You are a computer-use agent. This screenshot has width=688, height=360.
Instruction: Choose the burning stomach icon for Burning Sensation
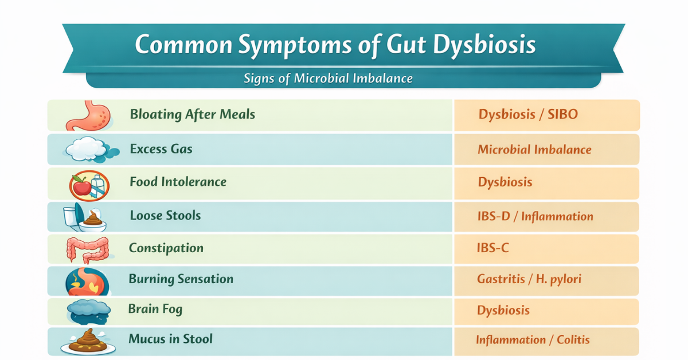tap(85, 280)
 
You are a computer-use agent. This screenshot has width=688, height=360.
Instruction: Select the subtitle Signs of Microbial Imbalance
tap(329, 78)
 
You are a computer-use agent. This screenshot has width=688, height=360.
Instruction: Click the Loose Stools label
tap(165, 216)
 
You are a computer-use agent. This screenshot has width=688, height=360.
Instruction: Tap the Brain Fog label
tap(155, 310)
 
